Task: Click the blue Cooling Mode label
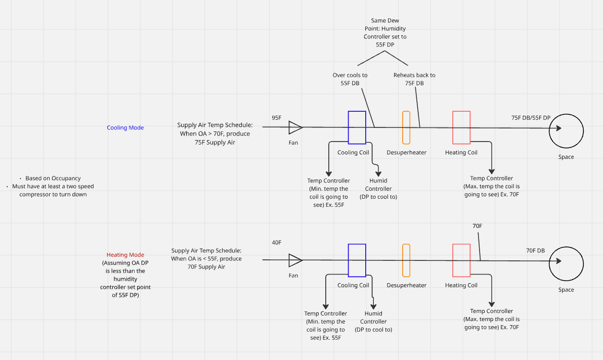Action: click(x=125, y=127)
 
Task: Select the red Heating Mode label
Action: click(x=125, y=255)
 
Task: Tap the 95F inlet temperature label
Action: click(x=277, y=118)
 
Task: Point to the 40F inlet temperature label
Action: click(x=277, y=242)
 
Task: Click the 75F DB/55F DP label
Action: click(x=531, y=118)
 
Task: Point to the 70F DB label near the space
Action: click(x=535, y=250)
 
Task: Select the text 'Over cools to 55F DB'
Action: click(x=350, y=79)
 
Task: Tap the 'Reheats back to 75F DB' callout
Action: click(x=414, y=79)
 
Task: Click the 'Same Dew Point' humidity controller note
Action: click(x=385, y=33)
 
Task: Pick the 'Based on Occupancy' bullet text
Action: click(x=53, y=178)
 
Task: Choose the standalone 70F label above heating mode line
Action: click(x=477, y=226)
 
